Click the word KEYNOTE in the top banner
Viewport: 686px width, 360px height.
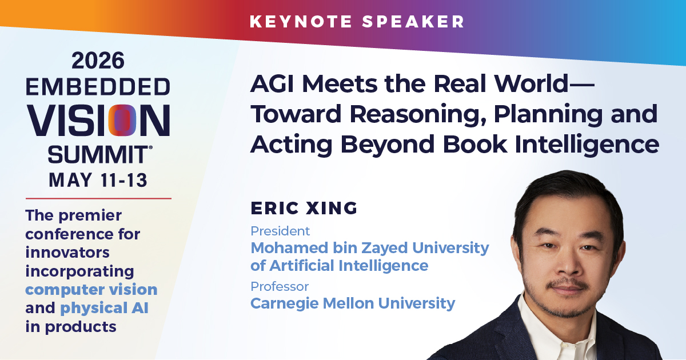pyautogui.click(x=301, y=22)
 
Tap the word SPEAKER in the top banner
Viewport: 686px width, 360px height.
pyautogui.click(x=413, y=22)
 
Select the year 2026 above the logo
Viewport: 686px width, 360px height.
pyautogui.click(x=98, y=61)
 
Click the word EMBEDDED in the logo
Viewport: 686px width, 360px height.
pyautogui.click(x=98, y=87)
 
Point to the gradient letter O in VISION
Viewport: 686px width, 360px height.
pyautogui.click(x=122, y=120)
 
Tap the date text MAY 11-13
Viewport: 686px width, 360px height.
pyautogui.click(x=98, y=180)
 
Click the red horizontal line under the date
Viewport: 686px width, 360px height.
pyautogui.click(x=98, y=198)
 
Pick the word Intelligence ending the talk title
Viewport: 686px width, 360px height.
pyautogui.click(x=587, y=145)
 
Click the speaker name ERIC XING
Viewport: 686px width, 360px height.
pyautogui.click(x=304, y=208)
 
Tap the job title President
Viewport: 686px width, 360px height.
pyautogui.click(x=280, y=231)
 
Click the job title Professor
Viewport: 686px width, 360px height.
pyautogui.click(x=280, y=286)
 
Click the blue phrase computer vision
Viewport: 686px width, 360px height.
pyautogui.click(x=91, y=290)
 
